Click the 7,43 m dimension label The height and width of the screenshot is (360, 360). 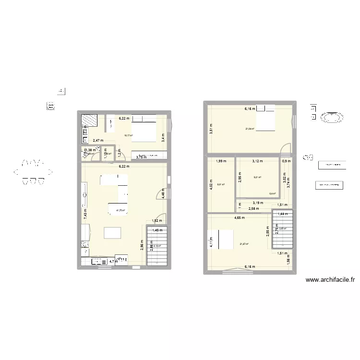[85, 213]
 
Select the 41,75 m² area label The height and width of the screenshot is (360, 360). [120, 210]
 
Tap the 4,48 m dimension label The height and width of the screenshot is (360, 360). [163, 192]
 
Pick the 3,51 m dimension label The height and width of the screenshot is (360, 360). [210, 129]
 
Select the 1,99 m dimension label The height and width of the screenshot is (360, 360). [221, 161]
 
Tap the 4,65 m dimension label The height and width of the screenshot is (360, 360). [240, 217]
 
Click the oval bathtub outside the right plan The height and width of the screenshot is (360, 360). [331, 117]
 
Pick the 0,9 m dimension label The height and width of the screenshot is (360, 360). [287, 161]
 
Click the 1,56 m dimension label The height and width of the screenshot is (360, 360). [288, 261]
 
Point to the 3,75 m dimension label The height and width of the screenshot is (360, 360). [142, 157]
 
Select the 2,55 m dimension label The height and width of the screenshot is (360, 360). [268, 232]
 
